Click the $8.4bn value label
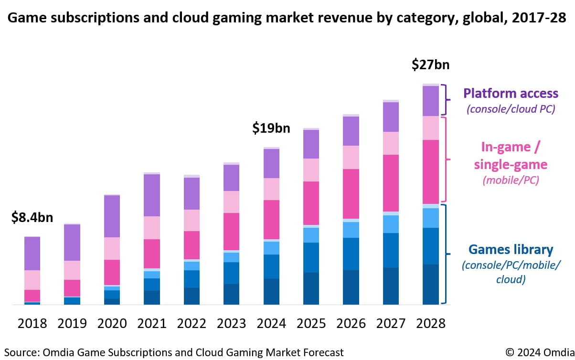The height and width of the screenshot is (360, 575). (x=32, y=218)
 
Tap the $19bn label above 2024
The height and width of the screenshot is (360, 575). (x=271, y=129)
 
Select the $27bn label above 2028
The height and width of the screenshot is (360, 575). (x=431, y=65)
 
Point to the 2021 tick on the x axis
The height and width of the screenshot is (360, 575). (x=152, y=323)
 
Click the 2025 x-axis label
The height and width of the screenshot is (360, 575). (x=311, y=323)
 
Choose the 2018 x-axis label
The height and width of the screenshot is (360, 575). (x=32, y=323)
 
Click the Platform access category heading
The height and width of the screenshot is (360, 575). (x=511, y=93)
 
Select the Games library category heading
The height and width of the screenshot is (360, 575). (x=511, y=249)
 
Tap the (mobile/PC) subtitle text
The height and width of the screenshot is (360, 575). (x=511, y=180)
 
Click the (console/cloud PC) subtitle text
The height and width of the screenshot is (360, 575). (x=511, y=109)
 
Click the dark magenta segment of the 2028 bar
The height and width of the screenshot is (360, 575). (x=431, y=172)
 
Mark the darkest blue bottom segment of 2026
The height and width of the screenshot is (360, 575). (x=351, y=287)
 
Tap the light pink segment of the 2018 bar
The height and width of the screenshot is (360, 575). (x=32, y=280)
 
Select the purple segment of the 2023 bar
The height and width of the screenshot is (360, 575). (x=232, y=178)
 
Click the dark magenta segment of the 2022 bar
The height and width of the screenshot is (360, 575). (x=192, y=245)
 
